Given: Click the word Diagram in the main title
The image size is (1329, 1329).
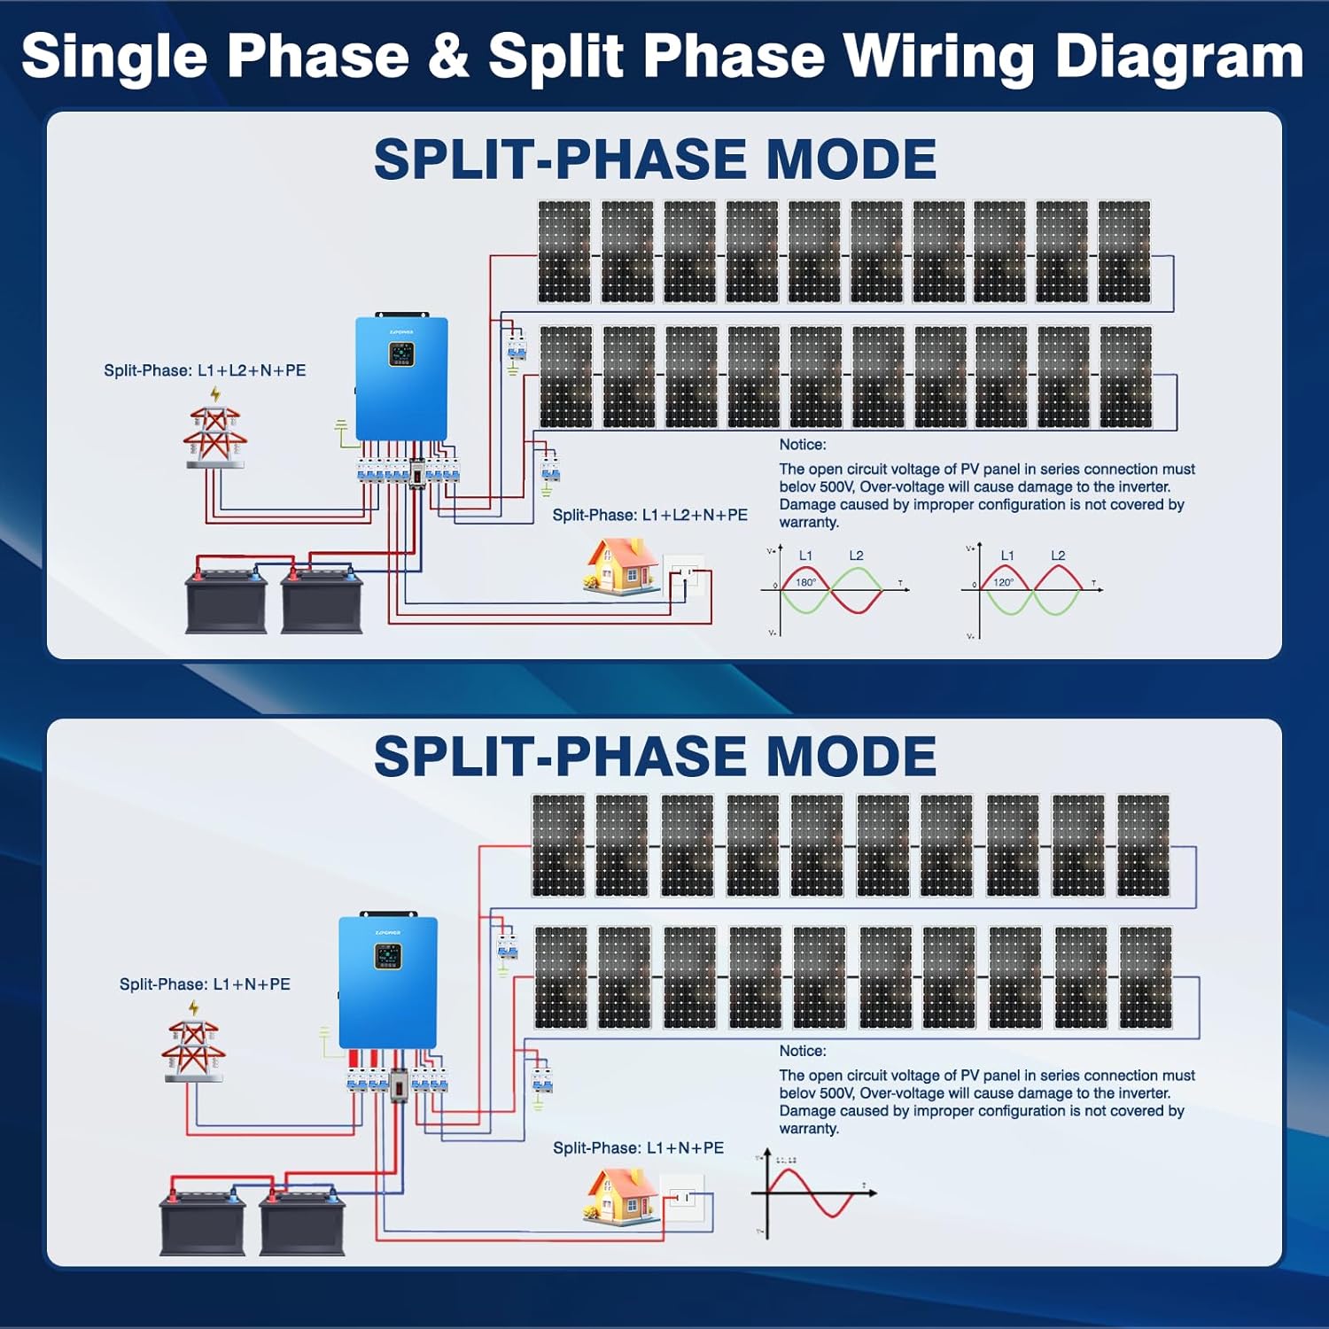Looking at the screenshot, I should (x=1179, y=57).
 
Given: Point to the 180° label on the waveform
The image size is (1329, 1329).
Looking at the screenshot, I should (x=805, y=583).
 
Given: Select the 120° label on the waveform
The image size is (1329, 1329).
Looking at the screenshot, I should (x=1003, y=583).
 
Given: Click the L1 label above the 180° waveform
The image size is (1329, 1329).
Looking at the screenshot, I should (x=805, y=556).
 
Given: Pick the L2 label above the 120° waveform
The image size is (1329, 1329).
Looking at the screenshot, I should (x=1058, y=556).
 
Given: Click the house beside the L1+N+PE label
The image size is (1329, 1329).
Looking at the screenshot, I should (x=622, y=1196).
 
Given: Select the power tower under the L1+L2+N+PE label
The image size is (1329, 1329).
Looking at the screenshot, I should (x=214, y=437).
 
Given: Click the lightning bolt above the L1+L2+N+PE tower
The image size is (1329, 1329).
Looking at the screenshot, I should (x=215, y=393).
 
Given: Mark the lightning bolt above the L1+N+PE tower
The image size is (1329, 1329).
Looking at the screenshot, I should (x=194, y=1007).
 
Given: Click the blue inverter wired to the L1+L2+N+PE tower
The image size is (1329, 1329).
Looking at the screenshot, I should (x=401, y=379).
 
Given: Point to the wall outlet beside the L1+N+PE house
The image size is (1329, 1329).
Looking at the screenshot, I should (x=683, y=1198).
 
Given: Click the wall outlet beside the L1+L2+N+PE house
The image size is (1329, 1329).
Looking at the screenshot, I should (x=685, y=576).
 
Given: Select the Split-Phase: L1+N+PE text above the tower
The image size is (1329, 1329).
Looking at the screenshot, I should (x=205, y=984).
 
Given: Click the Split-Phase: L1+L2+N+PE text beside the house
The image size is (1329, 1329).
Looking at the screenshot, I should (x=649, y=515).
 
